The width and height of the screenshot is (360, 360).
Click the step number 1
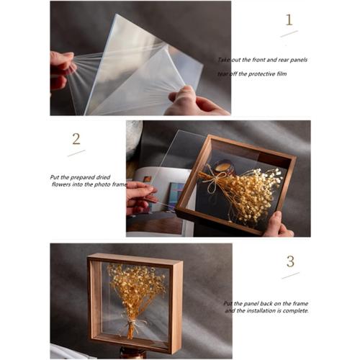click(289, 19)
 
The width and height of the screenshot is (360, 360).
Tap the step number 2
click(76, 138)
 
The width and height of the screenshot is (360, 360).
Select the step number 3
click(290, 261)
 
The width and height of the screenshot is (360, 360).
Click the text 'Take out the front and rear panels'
click(263, 60)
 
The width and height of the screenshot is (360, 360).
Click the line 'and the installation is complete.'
click(267, 311)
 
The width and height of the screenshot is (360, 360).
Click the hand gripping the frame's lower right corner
click(277, 225)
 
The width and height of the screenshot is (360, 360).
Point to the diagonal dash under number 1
click(289, 33)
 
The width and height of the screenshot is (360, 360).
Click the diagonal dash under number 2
click(76, 153)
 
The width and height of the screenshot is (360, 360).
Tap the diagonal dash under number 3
click(290, 275)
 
